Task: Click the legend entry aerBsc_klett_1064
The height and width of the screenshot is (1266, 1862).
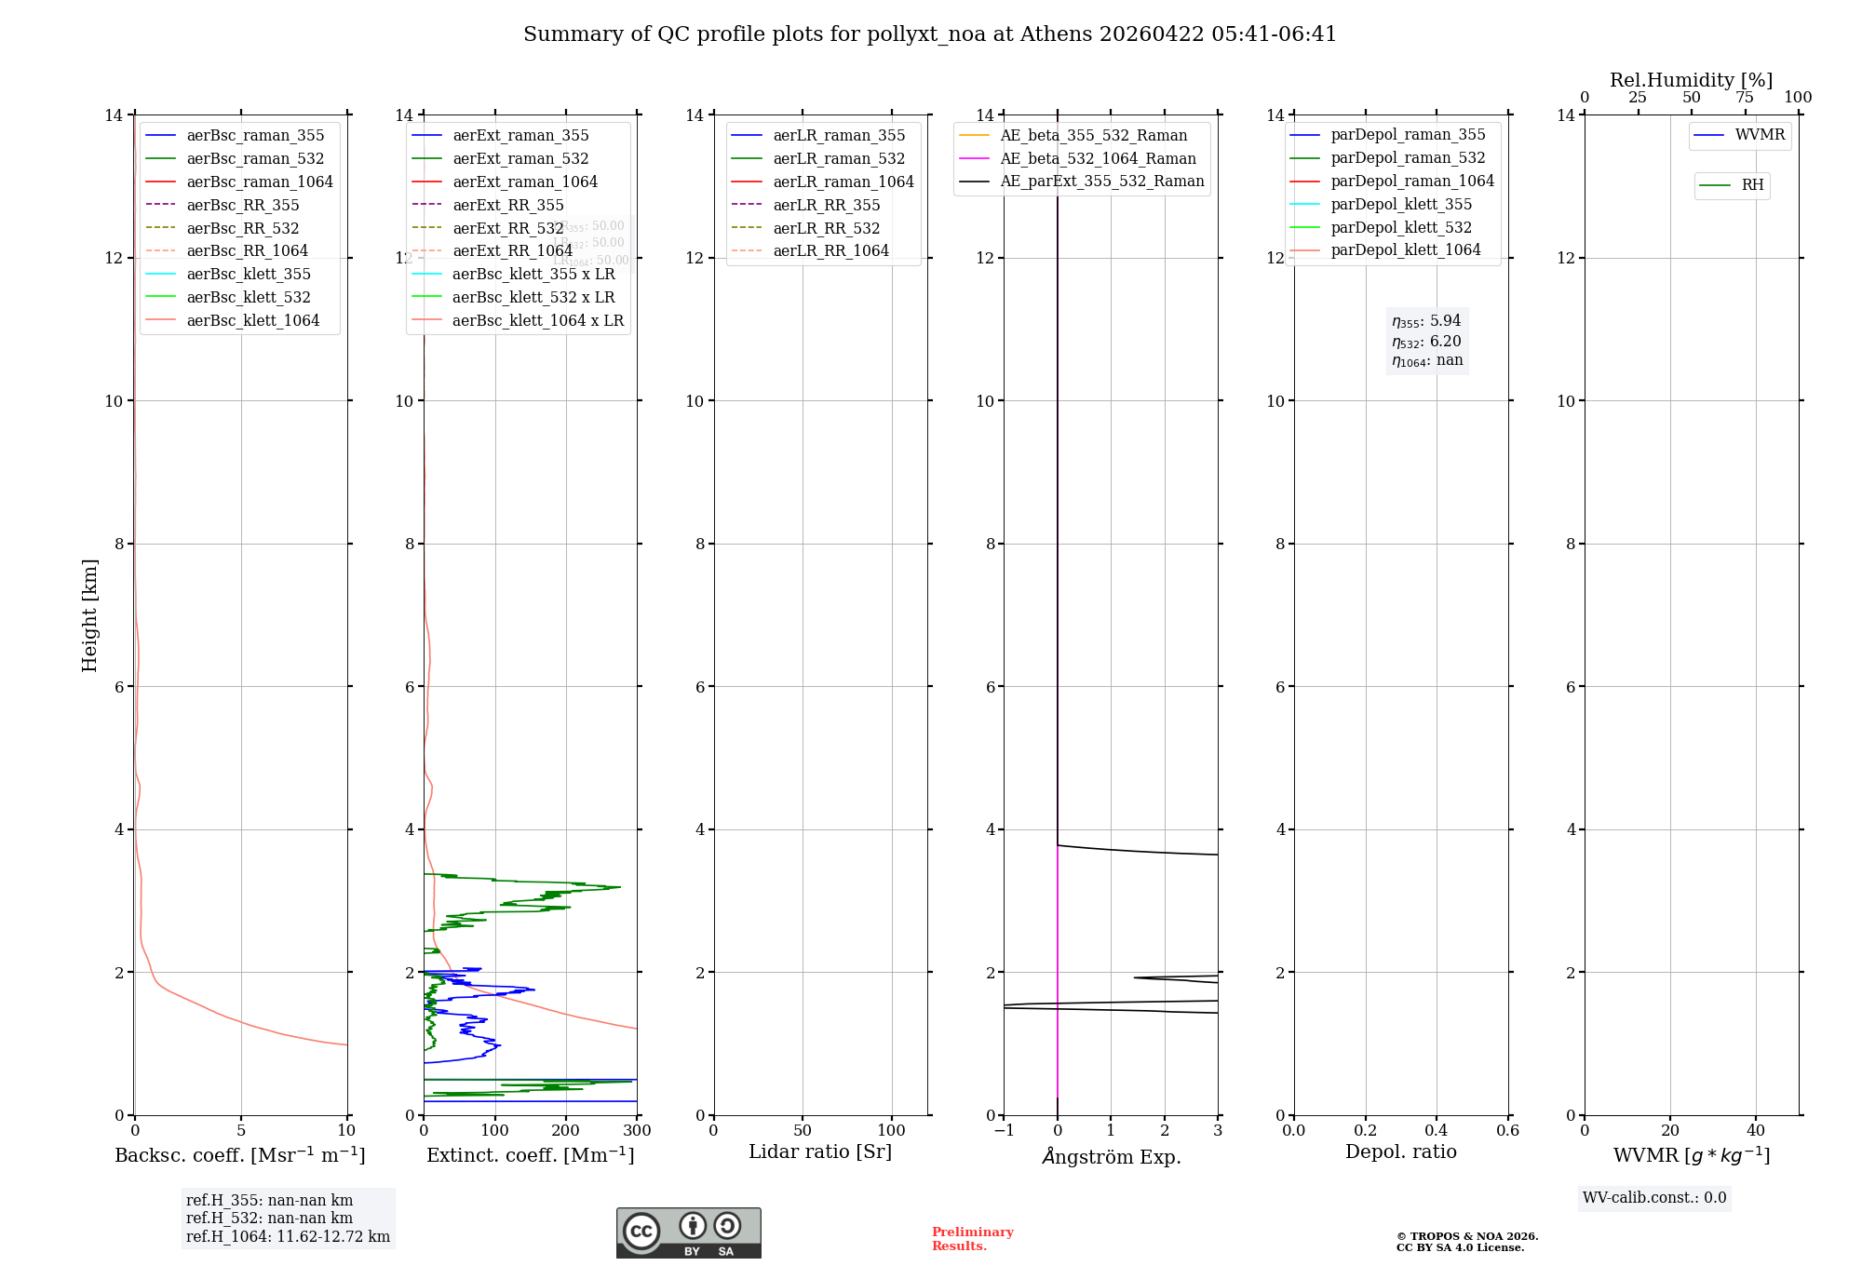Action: click(x=252, y=320)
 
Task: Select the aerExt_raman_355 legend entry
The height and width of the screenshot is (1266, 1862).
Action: click(x=520, y=136)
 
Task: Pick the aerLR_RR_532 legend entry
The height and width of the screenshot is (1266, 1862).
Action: click(x=826, y=228)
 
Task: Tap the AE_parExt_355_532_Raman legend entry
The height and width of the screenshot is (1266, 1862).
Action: click(x=1101, y=182)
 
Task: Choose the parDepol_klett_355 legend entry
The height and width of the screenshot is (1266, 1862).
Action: click(x=1401, y=204)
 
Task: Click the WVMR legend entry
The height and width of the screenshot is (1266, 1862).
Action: click(x=1760, y=135)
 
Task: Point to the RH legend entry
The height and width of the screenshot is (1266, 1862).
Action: click(x=1752, y=185)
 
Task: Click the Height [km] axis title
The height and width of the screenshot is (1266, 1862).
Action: click(x=89, y=614)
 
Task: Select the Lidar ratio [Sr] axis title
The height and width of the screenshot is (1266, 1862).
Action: click(x=820, y=1152)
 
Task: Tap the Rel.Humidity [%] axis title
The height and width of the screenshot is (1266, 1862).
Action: click(x=1691, y=80)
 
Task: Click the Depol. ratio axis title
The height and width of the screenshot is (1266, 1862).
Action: click(x=1400, y=1152)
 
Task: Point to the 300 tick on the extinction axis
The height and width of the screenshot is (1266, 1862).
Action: click(x=637, y=1131)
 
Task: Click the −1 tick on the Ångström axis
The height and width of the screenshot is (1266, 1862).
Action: click(x=1004, y=1131)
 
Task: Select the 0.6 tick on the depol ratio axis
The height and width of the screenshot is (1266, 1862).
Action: click(x=1507, y=1131)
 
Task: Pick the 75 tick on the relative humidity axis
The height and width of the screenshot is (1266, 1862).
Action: click(x=1745, y=98)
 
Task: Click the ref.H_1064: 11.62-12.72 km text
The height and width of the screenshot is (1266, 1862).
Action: click(x=288, y=1237)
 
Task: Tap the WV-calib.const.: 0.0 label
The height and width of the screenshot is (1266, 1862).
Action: click(x=1654, y=1198)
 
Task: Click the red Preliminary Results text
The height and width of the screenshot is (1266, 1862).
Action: click(x=972, y=1239)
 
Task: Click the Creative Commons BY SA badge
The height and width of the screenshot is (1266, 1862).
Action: click(x=688, y=1232)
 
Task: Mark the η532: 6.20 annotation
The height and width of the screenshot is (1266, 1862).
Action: click(x=1426, y=342)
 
